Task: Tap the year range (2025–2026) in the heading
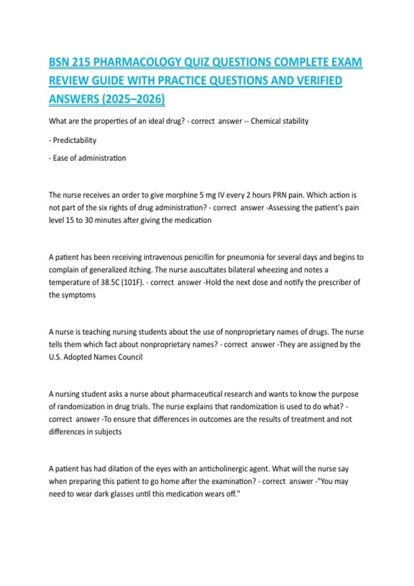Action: (134, 99)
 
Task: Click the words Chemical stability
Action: (279, 121)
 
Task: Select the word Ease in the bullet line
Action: (60, 158)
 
